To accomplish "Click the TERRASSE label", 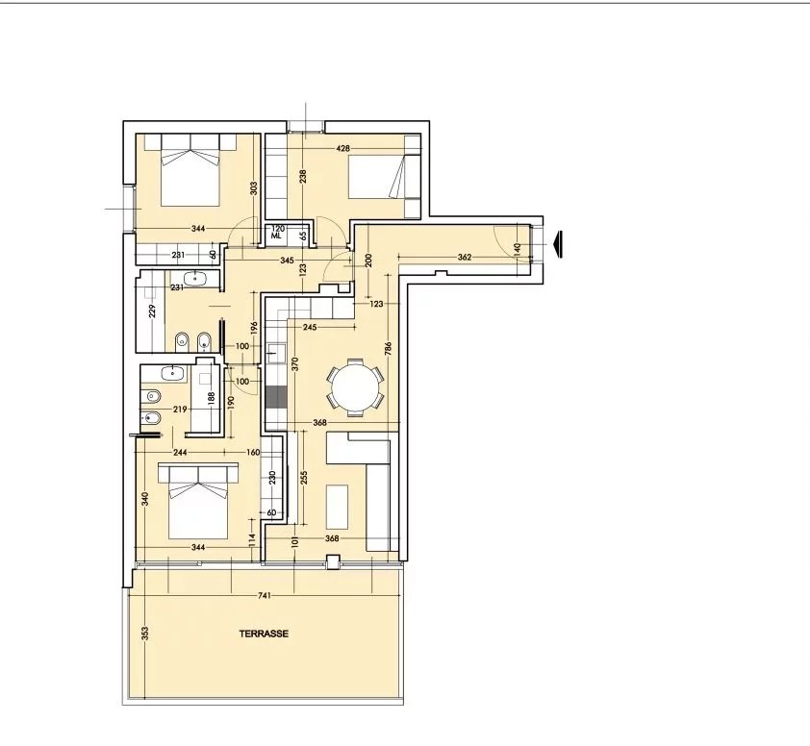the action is point(264,634).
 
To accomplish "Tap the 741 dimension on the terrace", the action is point(264,596).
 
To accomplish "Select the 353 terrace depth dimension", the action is point(145,634).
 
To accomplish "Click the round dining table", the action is point(355,387).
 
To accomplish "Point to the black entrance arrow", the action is point(557,244).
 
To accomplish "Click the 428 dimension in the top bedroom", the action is point(343,149).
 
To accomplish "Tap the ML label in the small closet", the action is point(276,236).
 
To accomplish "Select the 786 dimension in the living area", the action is point(389,348).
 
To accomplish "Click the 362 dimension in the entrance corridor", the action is point(465,257).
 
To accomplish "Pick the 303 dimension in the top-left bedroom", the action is point(253,187).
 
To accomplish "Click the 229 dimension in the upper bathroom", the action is point(152,311).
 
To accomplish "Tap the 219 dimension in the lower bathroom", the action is point(180,410).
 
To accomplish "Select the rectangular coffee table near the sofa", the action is point(337,507).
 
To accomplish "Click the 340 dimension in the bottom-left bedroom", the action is point(145,499).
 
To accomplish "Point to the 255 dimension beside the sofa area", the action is point(304,477).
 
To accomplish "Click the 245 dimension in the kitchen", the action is point(310,327).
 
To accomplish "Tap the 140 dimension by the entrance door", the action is point(518,249).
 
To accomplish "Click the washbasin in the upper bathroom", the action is point(194,278).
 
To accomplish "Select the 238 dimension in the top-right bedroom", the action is point(303,177).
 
